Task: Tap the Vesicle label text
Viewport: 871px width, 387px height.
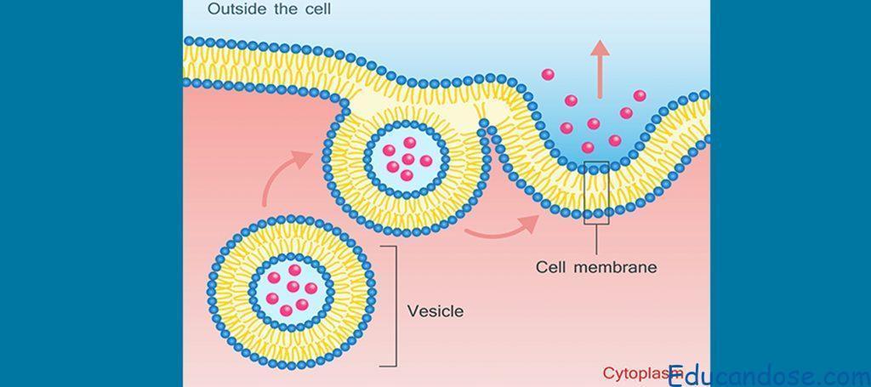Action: [435, 310]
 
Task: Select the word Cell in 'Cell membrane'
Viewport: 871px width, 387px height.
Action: [553, 267]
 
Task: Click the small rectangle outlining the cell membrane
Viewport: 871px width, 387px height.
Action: [596, 192]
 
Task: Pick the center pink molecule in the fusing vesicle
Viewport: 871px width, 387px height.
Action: [407, 159]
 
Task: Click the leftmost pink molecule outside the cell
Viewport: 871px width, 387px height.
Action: [549, 74]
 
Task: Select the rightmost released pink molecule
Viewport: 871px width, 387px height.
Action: [640, 95]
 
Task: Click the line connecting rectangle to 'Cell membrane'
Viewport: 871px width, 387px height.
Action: [596, 238]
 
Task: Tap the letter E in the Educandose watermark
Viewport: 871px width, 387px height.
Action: [678, 375]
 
